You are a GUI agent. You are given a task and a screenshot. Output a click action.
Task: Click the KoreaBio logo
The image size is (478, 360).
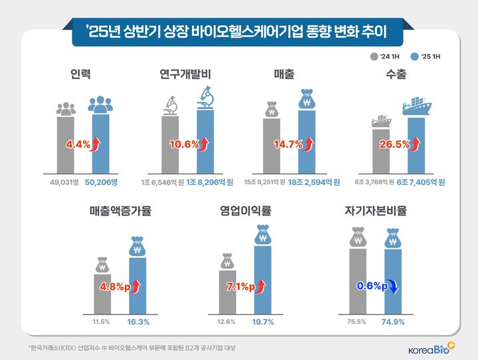tap(431, 347)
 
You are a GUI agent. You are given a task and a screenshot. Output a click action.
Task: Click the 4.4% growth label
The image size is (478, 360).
tap(78, 143)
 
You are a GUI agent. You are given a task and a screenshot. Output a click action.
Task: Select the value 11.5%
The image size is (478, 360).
tap(101, 321)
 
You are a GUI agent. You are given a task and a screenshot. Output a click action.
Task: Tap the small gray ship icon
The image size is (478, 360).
tap(381, 120)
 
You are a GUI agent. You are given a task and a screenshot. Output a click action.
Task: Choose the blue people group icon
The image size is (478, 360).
tap(100, 104)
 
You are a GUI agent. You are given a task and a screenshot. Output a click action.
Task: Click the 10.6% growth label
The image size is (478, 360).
tap(183, 143)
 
